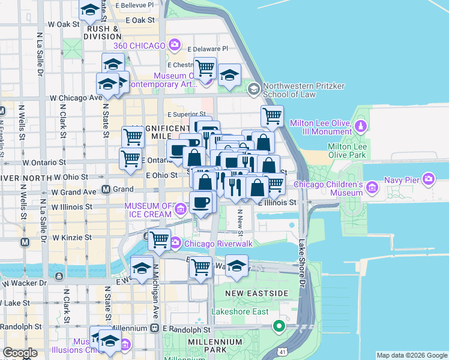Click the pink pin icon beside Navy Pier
click(428, 178)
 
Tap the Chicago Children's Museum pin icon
click(372, 188)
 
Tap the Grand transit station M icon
click(106, 190)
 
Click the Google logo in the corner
click(20, 353)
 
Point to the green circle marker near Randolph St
click(279, 327)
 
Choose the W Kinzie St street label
click(71, 238)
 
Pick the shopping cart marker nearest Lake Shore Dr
click(273, 115)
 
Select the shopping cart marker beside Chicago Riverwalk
click(159, 239)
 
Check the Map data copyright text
click(411, 355)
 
